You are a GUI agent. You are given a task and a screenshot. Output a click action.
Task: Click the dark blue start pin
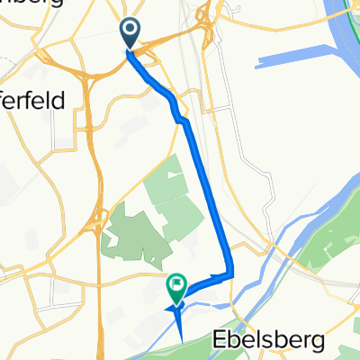pyautogui.click(x=130, y=34)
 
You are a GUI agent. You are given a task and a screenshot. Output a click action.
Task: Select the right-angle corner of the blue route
pyautogui.click(x=231, y=274)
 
